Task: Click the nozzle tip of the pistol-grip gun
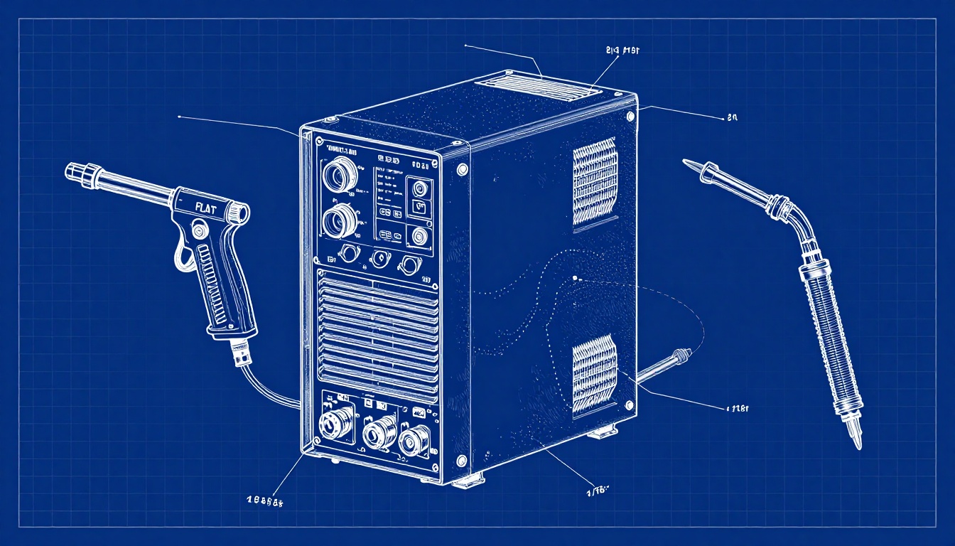[73, 171]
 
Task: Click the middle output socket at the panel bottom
[379, 431]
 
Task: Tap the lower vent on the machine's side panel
[594, 373]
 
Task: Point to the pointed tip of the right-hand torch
[686, 163]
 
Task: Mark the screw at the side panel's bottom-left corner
[462, 460]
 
